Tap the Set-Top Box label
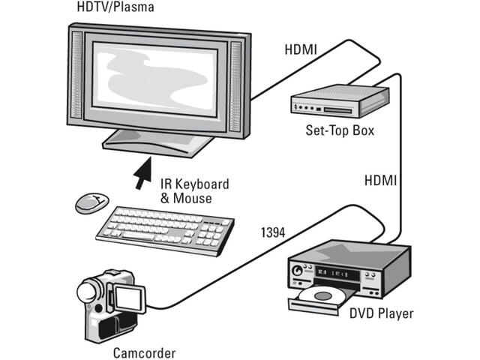coord(340,130)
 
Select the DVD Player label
coord(381,313)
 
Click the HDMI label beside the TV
coord(300,50)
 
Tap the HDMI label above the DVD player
coord(380,181)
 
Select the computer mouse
coord(90,201)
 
